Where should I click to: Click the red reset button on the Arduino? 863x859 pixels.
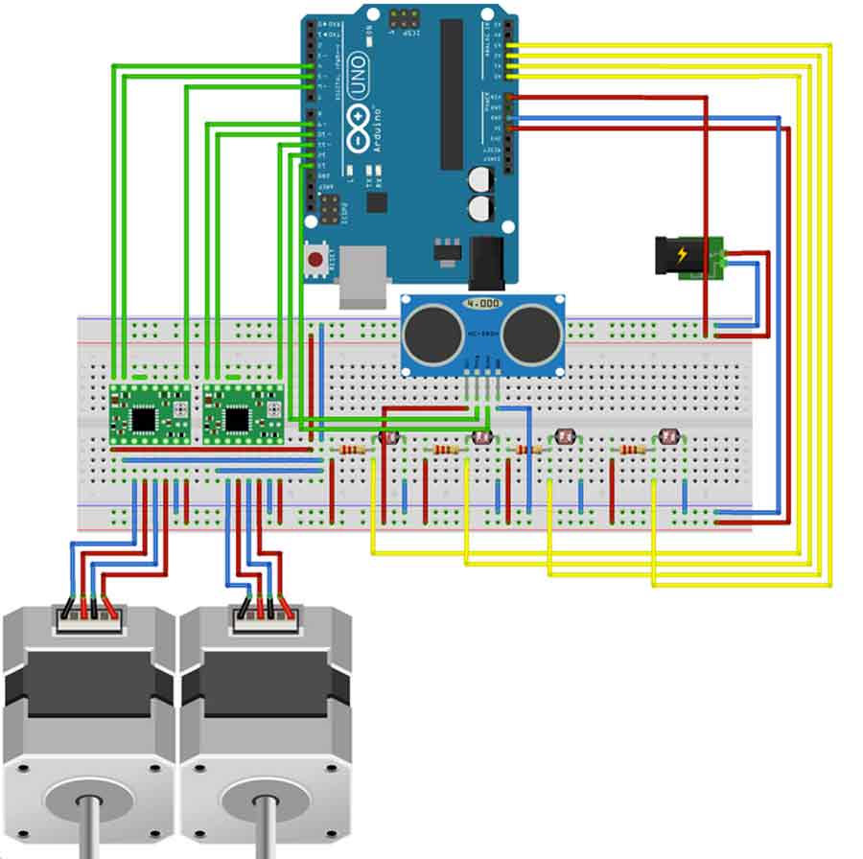pyautogui.click(x=314, y=257)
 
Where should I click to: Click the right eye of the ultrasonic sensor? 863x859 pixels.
pyautogui.click(x=530, y=330)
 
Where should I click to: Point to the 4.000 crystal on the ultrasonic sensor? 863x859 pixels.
pyautogui.click(x=482, y=304)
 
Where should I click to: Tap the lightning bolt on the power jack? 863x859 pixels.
pyautogui.click(x=683, y=255)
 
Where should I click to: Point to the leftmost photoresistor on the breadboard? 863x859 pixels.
pyautogui.click(x=388, y=437)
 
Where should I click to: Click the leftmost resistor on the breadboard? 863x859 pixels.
pyautogui.click(x=352, y=449)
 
